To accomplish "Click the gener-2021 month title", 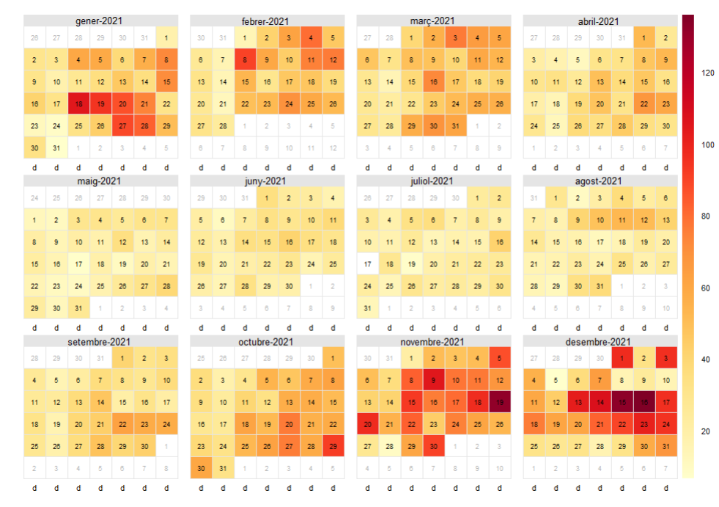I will (100, 21).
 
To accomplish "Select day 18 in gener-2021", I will (78, 104).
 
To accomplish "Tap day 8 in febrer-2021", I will (245, 60).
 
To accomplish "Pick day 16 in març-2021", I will (434, 82).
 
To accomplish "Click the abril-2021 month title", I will (600, 21).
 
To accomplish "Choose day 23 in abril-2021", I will (665, 104).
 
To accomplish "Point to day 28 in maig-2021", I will (166, 285).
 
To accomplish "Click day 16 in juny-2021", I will (289, 241).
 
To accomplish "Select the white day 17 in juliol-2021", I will (368, 263).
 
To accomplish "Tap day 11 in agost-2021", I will (622, 219).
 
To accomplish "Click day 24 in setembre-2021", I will (166, 423).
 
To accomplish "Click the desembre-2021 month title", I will (600, 341).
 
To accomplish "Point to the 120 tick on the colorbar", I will (708, 73).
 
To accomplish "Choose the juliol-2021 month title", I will (433, 180).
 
